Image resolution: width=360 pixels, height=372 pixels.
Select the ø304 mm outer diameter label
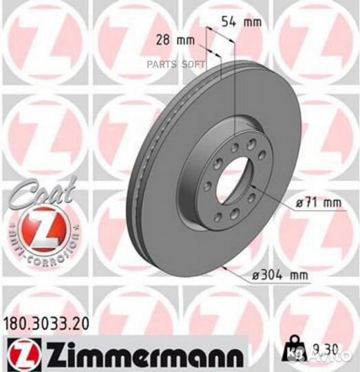point(280,276)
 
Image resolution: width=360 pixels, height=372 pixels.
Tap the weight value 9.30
point(312,349)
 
